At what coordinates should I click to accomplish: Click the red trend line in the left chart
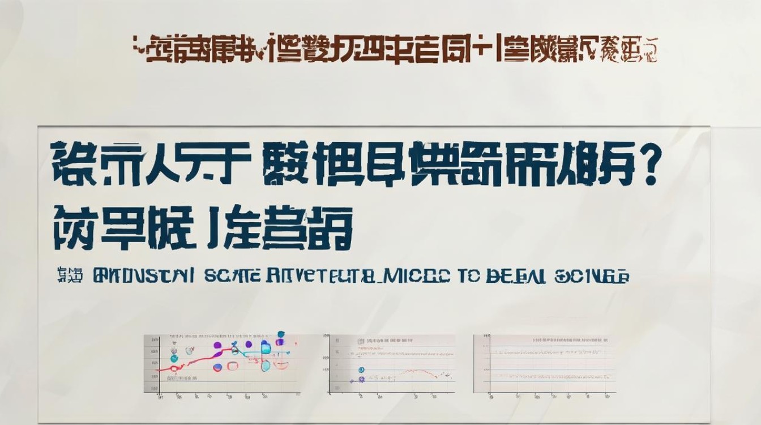click(193, 361)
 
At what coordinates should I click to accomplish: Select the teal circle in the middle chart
click(361, 370)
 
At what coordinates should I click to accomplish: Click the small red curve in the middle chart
click(419, 372)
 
